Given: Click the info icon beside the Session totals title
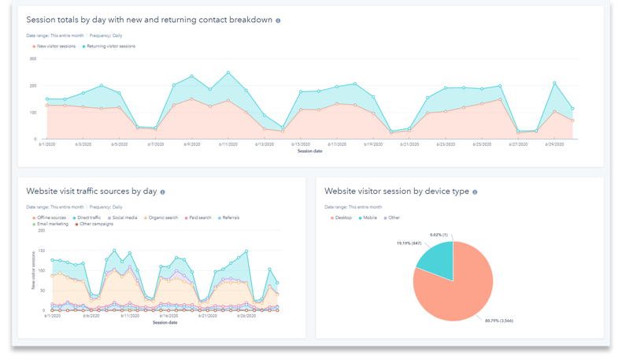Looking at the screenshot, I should (278, 20).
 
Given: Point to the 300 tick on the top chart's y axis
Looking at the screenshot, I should (33, 58).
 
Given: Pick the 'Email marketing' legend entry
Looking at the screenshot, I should (52, 225).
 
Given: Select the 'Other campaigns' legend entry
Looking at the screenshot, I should (97, 225).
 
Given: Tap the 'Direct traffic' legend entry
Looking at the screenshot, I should (88, 217).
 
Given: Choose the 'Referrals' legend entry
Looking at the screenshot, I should (230, 217).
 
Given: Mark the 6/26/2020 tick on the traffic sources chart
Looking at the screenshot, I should (246, 315).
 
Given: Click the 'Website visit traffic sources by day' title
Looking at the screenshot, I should (91, 191).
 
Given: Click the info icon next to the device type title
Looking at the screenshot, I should (475, 191).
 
